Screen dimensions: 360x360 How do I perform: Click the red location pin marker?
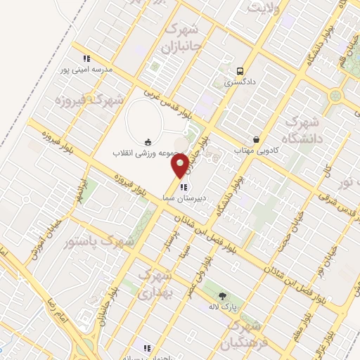click(180, 165)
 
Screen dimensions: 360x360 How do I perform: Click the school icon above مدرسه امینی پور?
click(86, 58)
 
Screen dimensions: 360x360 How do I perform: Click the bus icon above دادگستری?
click(240, 71)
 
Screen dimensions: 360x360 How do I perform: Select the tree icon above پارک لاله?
click(223, 296)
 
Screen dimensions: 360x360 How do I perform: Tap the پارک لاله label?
click(223, 307)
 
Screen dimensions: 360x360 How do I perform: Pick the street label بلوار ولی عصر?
click(204, 268)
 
